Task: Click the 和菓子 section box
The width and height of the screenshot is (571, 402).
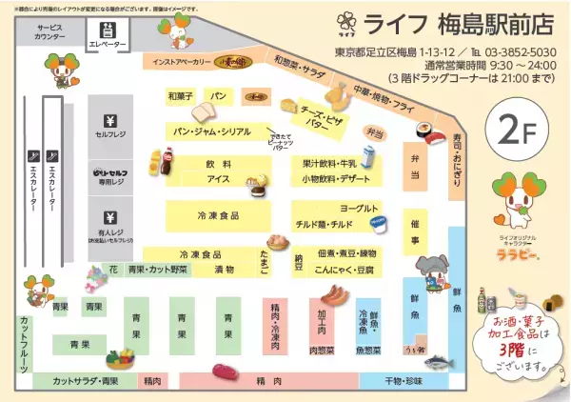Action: [x=180, y=96]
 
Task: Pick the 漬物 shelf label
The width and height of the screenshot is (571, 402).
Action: [x=225, y=270]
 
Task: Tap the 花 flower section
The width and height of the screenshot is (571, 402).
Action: [x=112, y=270]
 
